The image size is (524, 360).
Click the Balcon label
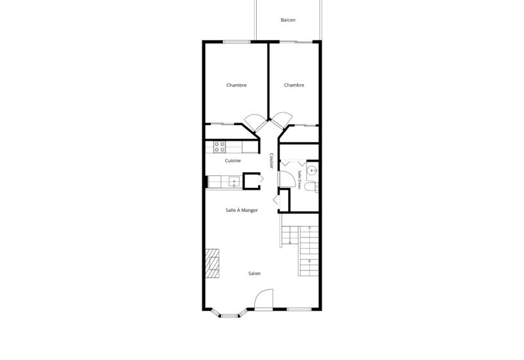[288, 20]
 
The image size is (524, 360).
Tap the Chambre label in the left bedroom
[236, 85]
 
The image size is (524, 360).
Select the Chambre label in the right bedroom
[294, 85]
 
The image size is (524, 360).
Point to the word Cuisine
[233, 160]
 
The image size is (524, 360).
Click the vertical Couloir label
[271, 160]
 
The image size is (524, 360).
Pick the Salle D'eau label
[300, 179]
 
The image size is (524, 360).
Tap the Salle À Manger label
[242, 210]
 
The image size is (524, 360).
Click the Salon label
[254, 274]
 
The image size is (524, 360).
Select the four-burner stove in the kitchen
[219, 147]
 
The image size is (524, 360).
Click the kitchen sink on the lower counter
[234, 182]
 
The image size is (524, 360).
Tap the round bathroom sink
[312, 171]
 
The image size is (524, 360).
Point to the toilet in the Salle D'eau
[310, 187]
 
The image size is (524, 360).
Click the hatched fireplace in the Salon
[212, 264]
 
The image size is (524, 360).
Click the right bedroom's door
[282, 121]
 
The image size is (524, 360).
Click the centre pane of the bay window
[229, 315]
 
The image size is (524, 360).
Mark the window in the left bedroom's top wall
[236, 42]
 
